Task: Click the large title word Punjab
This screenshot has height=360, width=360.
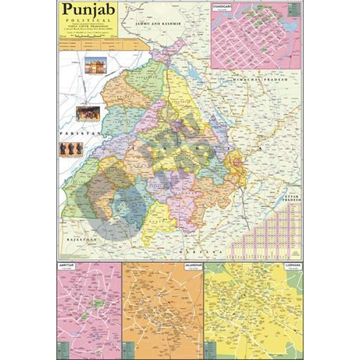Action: tap(86, 10)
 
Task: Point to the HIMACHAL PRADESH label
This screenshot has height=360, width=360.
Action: tap(260, 79)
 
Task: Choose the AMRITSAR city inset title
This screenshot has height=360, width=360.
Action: tap(67, 265)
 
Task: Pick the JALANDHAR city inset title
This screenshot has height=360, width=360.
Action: tap(191, 265)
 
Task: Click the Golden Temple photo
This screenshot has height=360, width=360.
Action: tap(95, 65)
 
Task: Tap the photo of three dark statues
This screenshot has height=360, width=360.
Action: tap(71, 149)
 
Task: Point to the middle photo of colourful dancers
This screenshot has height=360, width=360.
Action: tap(88, 113)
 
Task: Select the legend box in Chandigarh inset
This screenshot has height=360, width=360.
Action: tap(293, 10)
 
